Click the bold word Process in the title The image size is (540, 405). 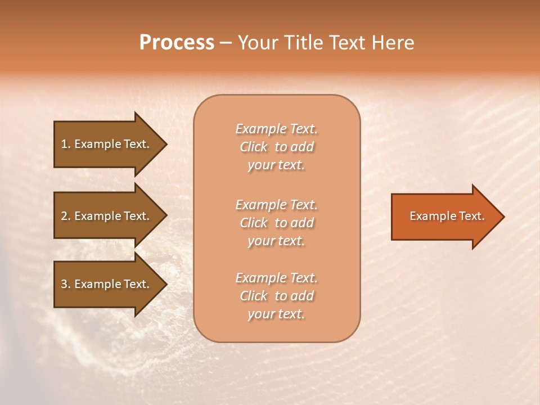pos(177,43)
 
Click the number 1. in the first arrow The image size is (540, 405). pos(66,144)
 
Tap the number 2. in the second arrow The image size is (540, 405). pos(66,216)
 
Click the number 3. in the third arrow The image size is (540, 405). pos(66,284)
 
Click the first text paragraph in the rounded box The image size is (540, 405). pos(276,147)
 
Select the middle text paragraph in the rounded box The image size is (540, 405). pos(276,223)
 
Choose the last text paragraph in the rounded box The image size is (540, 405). pos(276,296)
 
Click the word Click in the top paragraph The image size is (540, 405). pos(254,147)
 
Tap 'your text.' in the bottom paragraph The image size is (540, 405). pos(276,314)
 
